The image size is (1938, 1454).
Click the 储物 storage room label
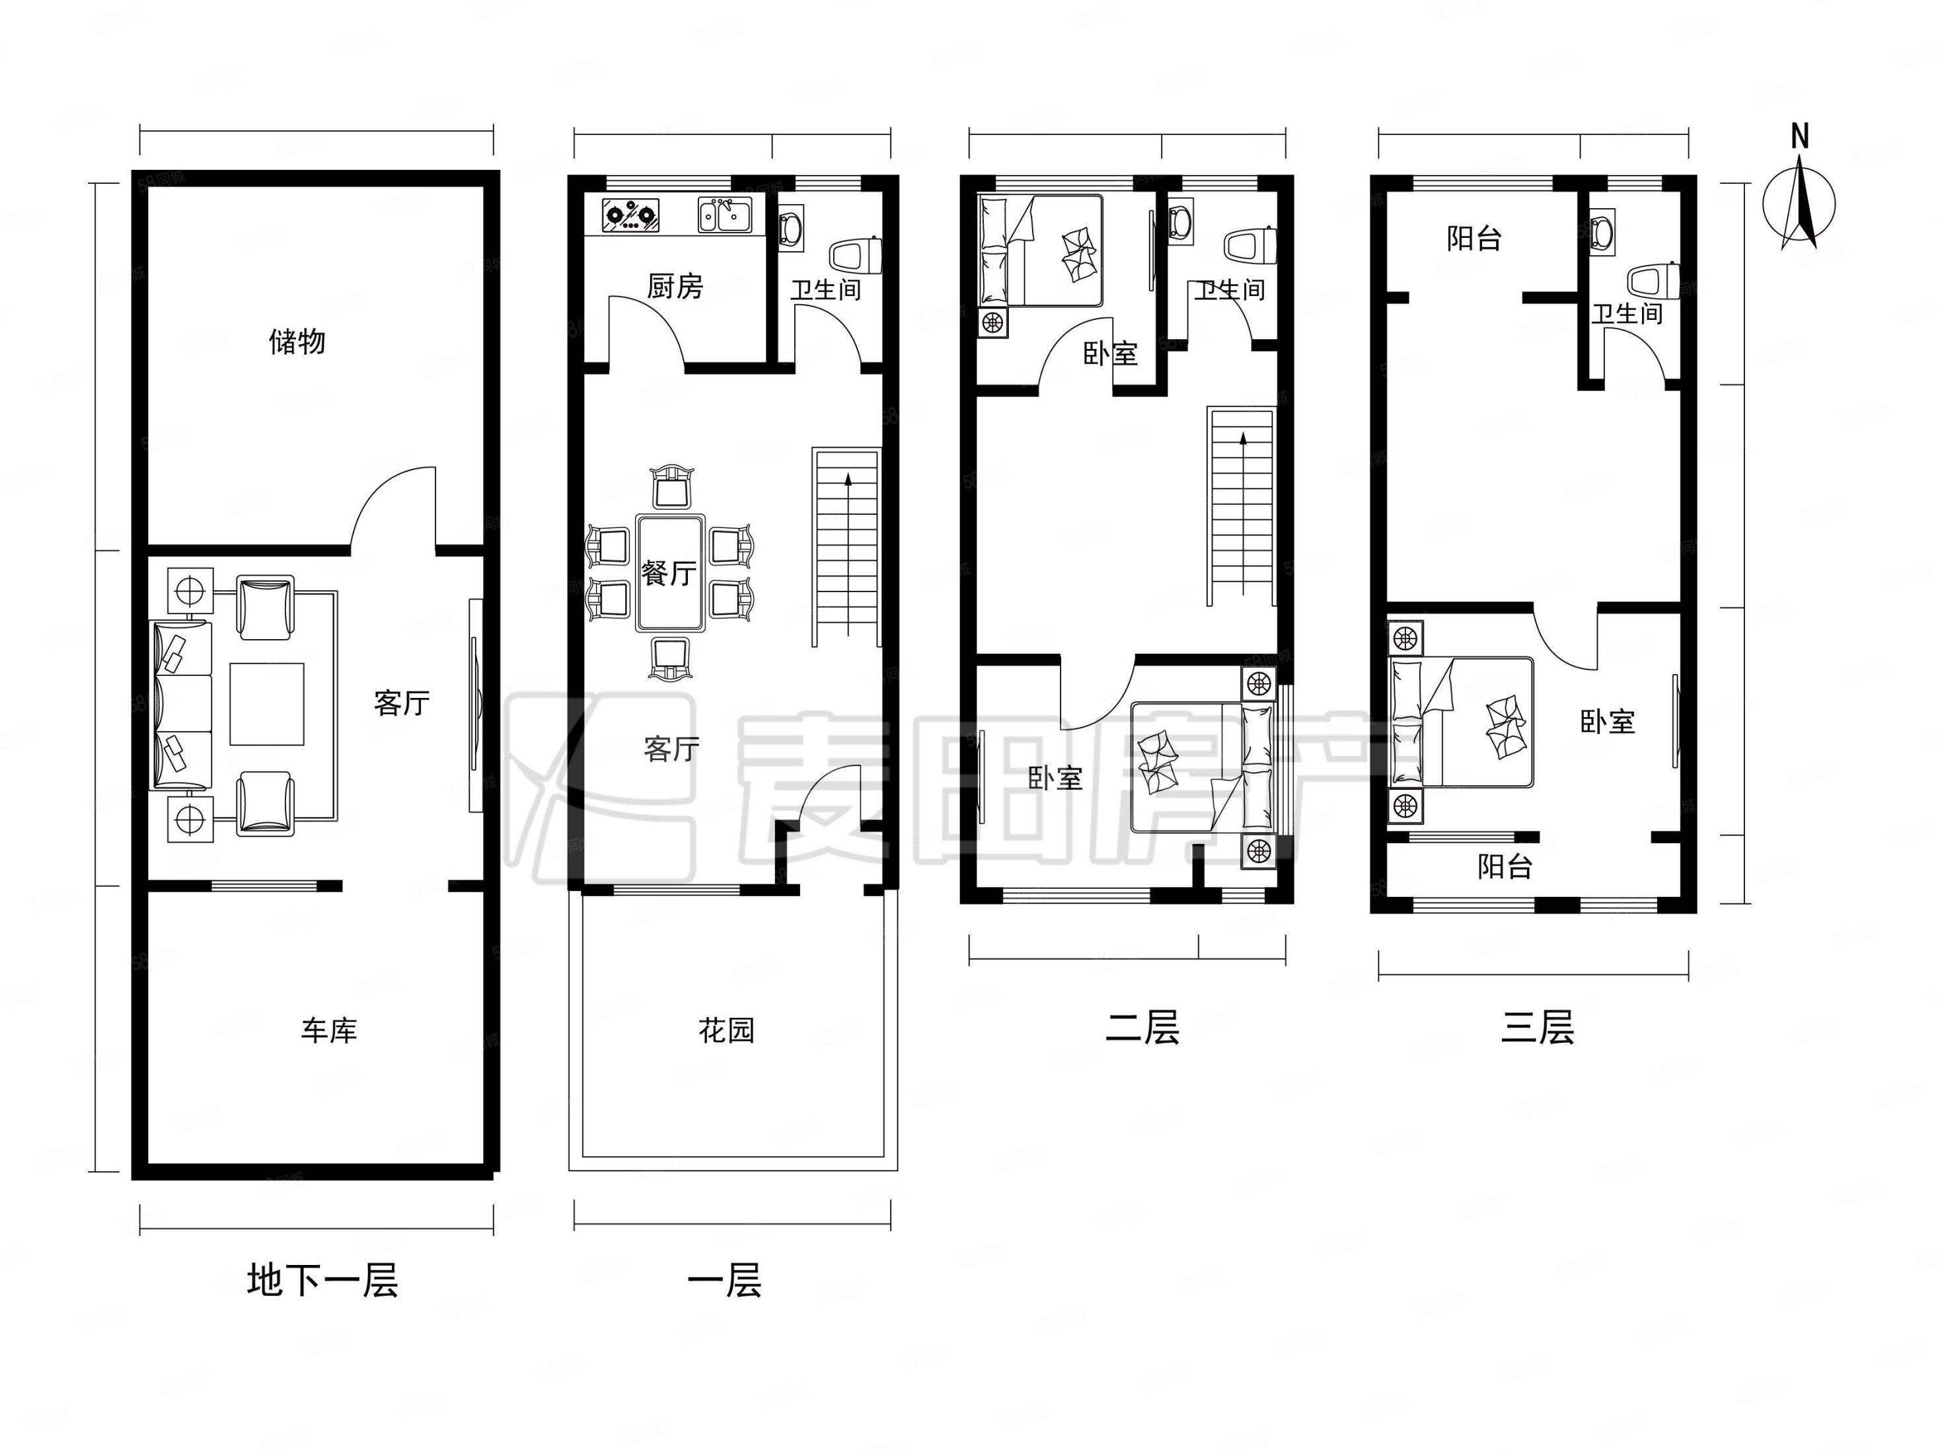(297, 341)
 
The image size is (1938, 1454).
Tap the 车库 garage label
(330, 1030)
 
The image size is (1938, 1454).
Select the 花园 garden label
(726, 1030)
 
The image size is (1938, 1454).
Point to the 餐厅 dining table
(670, 573)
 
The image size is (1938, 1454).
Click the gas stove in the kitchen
(630, 215)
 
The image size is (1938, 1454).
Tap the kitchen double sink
(725, 215)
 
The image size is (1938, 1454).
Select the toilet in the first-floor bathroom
(855, 256)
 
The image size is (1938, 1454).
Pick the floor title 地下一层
(322, 1280)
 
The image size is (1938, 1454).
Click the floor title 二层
(1142, 1027)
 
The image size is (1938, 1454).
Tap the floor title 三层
(1538, 1027)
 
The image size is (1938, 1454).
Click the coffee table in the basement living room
(267, 704)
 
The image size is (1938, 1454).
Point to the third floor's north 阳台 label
(1475, 239)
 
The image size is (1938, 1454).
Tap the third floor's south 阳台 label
(1505, 867)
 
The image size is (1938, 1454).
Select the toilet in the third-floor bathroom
(1653, 280)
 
